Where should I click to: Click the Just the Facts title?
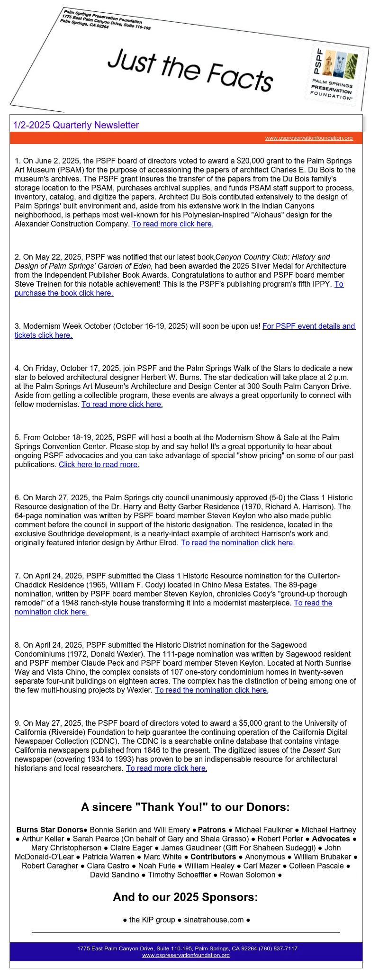point(190,70)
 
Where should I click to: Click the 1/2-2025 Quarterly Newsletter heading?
point(76,125)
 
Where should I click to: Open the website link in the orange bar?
point(309,138)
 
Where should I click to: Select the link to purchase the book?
point(64,293)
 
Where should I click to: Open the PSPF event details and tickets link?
point(308,326)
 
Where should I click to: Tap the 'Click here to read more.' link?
point(99,464)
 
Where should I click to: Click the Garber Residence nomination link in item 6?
point(237,542)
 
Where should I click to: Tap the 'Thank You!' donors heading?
point(185,807)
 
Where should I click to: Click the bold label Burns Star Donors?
point(50,830)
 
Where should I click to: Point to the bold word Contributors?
point(213,857)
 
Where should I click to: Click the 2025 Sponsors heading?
point(185,897)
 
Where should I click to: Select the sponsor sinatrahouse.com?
point(214,920)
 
